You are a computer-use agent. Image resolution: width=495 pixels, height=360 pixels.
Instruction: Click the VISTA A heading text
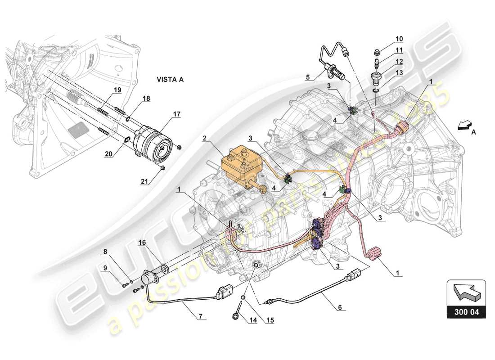[170, 80]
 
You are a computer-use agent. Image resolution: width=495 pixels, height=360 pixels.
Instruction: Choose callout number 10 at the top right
[387, 39]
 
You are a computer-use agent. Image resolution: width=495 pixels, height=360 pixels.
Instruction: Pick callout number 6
[340, 307]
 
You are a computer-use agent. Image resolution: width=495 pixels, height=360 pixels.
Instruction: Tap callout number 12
[387, 60]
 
